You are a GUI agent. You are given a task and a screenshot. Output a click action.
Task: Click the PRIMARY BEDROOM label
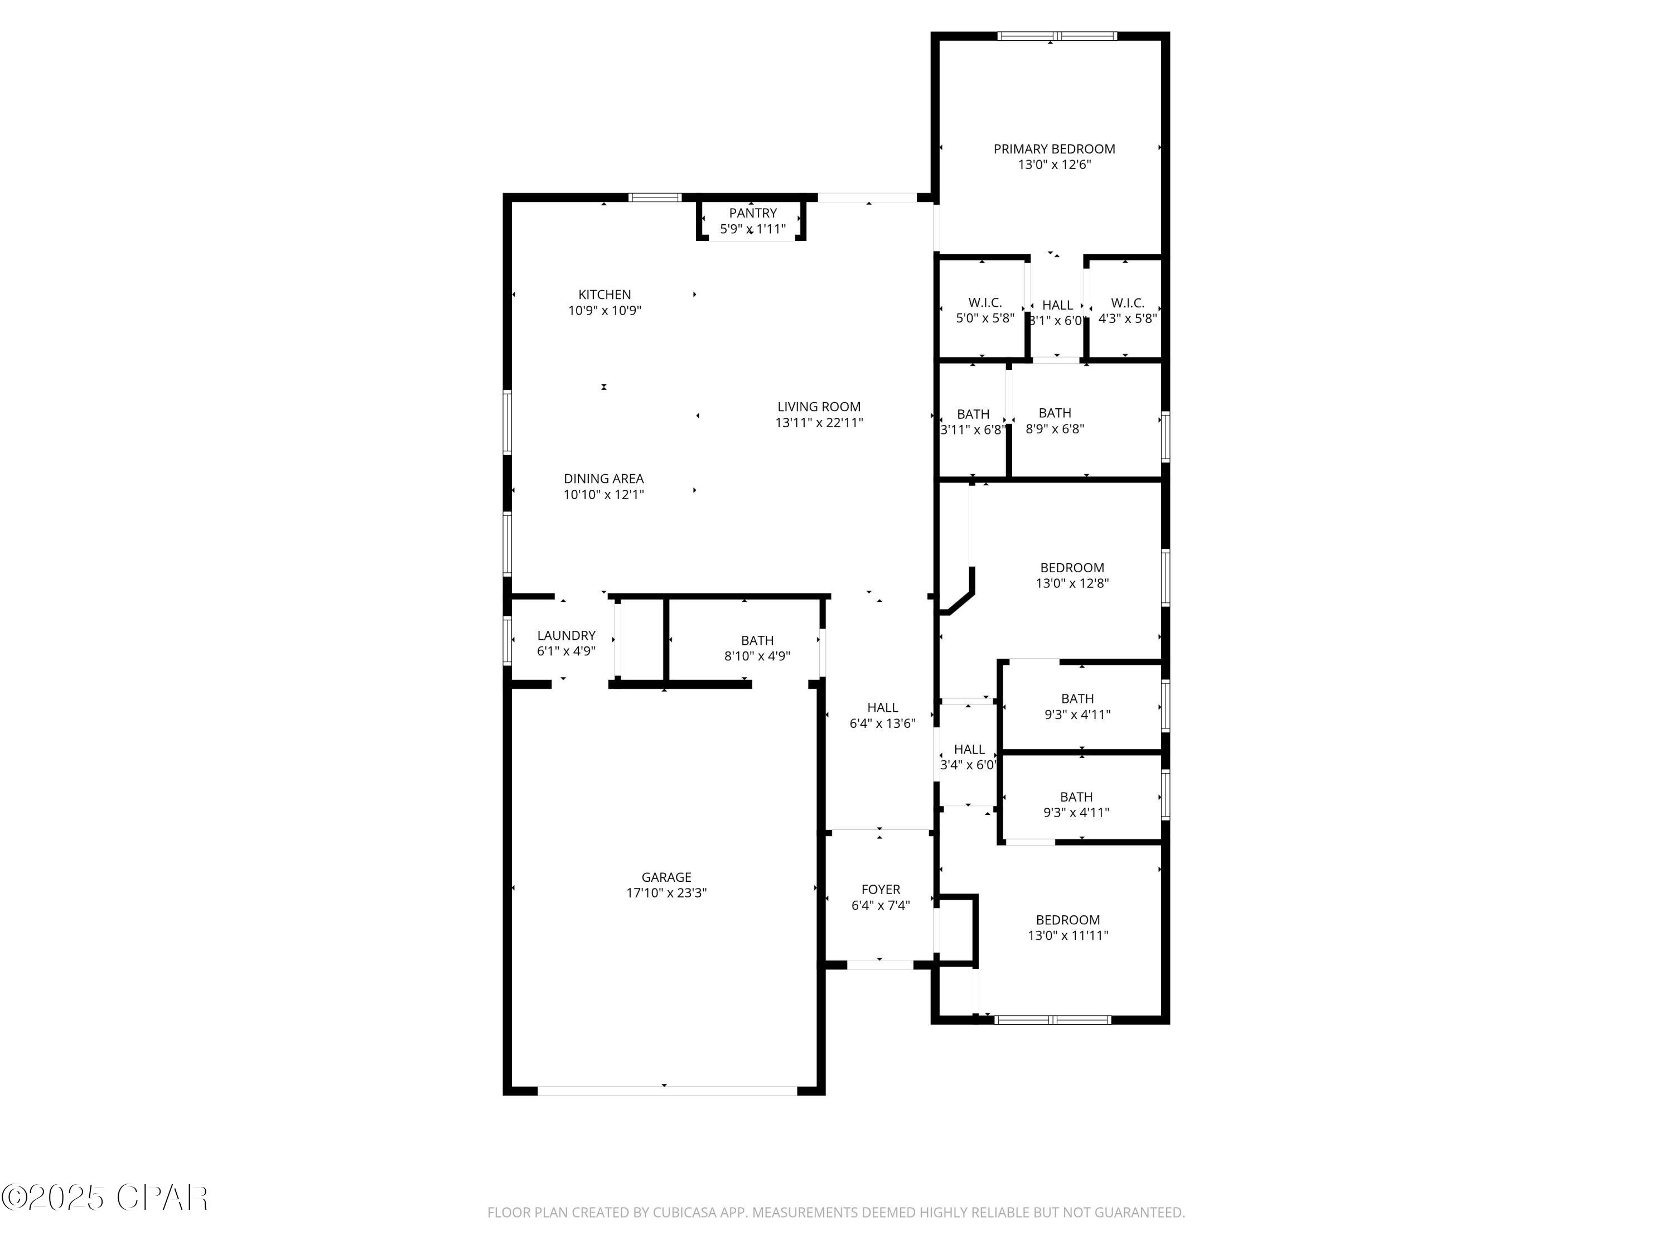point(1053,149)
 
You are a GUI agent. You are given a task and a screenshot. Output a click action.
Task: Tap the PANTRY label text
point(752,213)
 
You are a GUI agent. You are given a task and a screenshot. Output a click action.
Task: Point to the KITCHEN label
point(605,295)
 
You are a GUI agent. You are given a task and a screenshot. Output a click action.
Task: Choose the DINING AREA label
point(603,478)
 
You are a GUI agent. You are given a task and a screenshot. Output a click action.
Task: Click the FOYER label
point(881,890)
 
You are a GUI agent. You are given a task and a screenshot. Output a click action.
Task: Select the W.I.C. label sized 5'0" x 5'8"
point(985,302)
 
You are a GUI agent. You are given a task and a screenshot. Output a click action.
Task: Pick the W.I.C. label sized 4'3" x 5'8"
point(1127,302)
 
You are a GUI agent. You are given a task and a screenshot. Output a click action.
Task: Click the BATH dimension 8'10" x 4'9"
point(757,656)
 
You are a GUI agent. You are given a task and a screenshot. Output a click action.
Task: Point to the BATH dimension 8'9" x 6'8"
point(1055,429)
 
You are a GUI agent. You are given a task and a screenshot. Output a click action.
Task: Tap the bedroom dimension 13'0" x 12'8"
point(1072,583)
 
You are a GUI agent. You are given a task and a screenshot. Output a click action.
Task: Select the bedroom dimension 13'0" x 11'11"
point(1067,935)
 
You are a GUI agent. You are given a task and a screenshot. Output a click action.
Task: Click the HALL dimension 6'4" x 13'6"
point(882,723)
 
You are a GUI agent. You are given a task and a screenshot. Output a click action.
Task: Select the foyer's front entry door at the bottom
point(879,964)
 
